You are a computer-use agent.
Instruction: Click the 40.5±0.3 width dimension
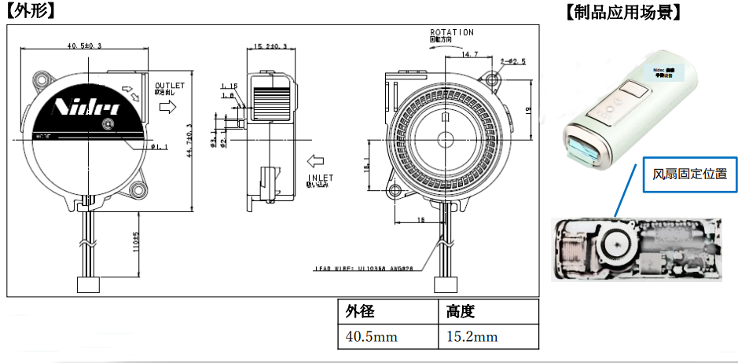pyautogui.click(x=85, y=46)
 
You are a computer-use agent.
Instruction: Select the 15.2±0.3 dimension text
pyautogui.click(x=270, y=46)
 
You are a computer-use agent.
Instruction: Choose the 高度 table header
pyautogui.click(x=461, y=312)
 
